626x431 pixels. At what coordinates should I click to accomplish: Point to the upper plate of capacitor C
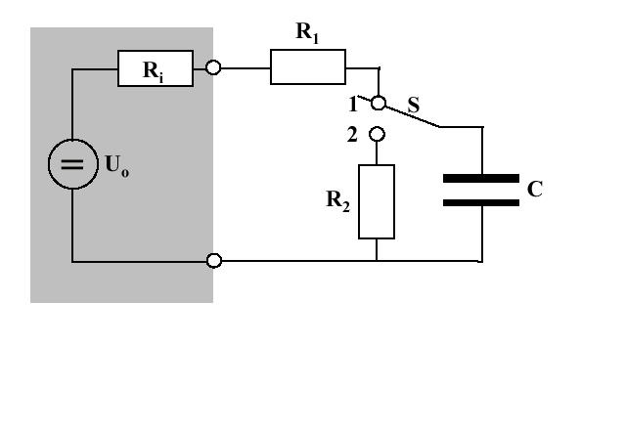coord(481,179)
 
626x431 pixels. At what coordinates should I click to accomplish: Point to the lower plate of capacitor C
coord(481,202)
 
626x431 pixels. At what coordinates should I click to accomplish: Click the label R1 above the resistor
coord(307,32)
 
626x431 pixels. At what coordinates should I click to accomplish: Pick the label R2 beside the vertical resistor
coord(337,200)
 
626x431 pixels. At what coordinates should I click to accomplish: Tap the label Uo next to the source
coord(117,165)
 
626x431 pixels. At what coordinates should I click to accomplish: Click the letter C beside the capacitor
coord(535,189)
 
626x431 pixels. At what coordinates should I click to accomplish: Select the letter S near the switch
coord(414,105)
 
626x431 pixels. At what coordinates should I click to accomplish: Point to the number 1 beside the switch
coord(353,105)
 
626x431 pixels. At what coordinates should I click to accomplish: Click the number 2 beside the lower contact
coord(352,135)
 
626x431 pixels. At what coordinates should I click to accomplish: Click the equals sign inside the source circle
coord(72,164)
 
